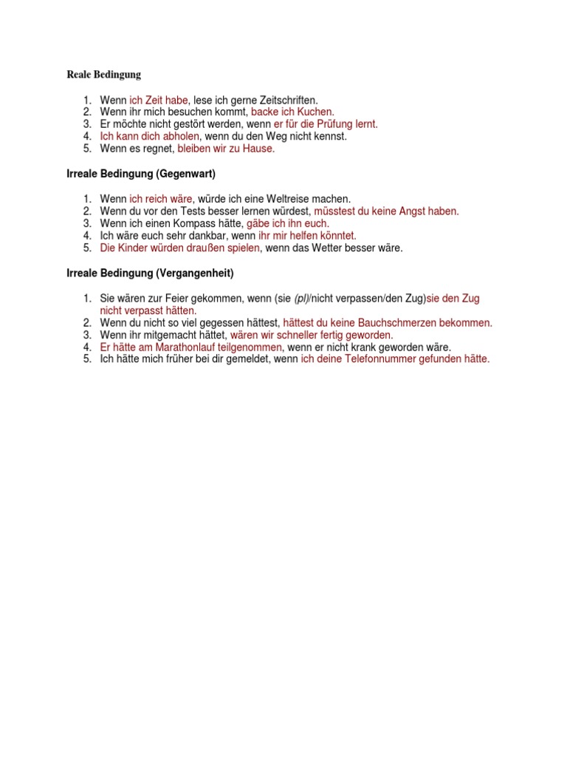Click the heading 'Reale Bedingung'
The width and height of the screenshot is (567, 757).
pyautogui.click(x=103, y=75)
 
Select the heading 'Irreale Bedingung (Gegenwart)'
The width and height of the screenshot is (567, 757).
pyautogui.click(x=137, y=174)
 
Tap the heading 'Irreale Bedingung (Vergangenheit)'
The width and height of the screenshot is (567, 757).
pyautogui.click(x=146, y=274)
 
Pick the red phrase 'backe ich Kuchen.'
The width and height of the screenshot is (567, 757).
pyautogui.click(x=293, y=112)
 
